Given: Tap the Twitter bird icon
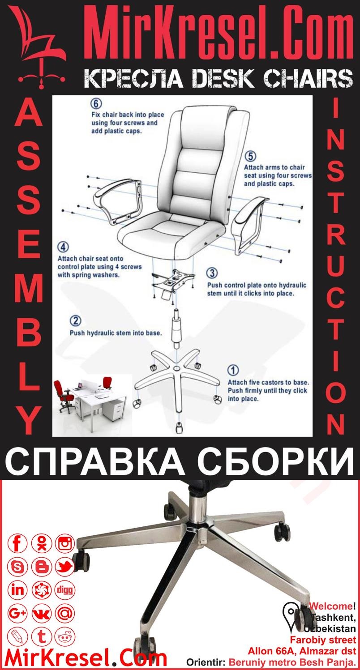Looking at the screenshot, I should pyautogui.click(x=65, y=567).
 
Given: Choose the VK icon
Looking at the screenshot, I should pyautogui.click(x=42, y=613).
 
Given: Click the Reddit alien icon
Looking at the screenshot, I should pyautogui.click(x=65, y=636).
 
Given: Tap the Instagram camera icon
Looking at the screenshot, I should pyautogui.click(x=65, y=544).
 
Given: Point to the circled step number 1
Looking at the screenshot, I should pyautogui.click(x=233, y=371).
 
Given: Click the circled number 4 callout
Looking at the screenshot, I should pyautogui.click(x=63, y=248).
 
